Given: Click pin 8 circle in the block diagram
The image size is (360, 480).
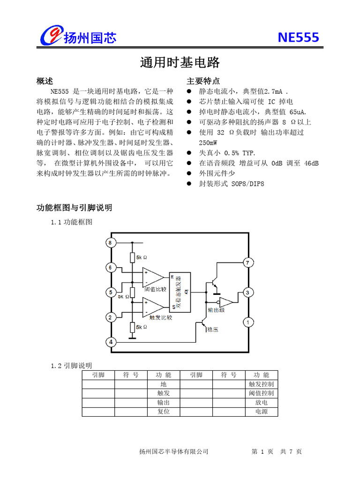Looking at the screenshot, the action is click(x=110, y=243).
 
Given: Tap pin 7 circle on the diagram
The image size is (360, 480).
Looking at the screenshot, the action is click(x=248, y=262).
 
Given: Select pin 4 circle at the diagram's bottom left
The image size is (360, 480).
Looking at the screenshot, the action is click(x=111, y=342).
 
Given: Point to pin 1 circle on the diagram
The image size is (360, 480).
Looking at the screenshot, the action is click(x=248, y=322).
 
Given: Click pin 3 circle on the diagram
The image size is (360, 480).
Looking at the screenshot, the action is click(x=248, y=292).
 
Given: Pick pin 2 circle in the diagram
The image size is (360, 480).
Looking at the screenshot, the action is click(x=110, y=318).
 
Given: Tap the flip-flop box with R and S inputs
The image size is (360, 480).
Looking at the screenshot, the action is click(x=180, y=292).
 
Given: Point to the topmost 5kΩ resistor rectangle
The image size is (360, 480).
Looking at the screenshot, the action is click(x=133, y=257).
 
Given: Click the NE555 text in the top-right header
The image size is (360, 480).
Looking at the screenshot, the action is click(x=298, y=37).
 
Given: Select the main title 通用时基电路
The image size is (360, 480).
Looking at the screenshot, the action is click(x=180, y=62).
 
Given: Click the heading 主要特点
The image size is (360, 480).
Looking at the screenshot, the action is click(x=203, y=81).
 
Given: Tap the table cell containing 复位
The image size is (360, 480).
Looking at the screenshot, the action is click(x=164, y=411).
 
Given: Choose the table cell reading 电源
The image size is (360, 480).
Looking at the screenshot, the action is click(x=261, y=411).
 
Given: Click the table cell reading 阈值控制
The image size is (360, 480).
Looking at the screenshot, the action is click(x=261, y=393).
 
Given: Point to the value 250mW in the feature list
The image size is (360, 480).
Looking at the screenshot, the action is click(x=208, y=142).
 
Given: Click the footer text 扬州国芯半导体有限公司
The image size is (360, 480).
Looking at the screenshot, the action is click(x=173, y=451).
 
